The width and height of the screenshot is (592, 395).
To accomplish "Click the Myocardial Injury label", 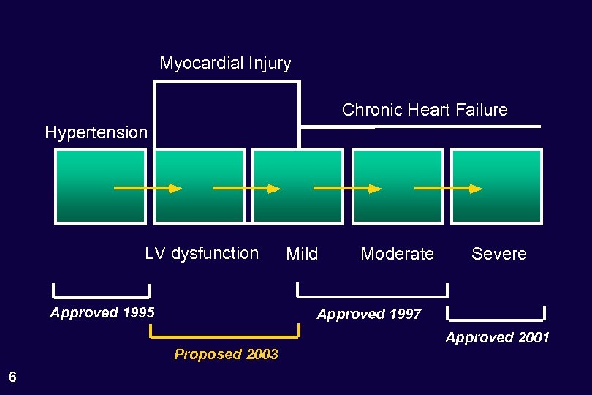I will coord(225,64).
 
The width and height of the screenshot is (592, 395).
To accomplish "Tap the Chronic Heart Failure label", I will coord(425,110).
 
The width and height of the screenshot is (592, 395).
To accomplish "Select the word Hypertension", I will coord(96,132).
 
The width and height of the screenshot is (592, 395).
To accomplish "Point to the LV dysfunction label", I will coord(202,253).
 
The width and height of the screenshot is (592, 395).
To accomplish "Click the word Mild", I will coord(302,254).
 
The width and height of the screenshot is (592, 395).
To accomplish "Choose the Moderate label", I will coord(397,254).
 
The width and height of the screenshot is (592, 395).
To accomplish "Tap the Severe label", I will coord(498,254).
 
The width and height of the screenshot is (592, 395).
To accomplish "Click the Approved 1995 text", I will coord(102,313).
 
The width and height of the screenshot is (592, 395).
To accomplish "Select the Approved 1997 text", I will coord(369,314).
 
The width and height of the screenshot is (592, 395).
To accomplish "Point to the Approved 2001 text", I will coord(498,337).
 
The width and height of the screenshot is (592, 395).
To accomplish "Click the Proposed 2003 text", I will coord(226,354).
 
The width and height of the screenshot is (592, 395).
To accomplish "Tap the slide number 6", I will coord(12,377).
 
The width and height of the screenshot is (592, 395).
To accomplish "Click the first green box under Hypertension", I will coord(100,186).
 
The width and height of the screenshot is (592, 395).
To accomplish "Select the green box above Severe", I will coord(496,186).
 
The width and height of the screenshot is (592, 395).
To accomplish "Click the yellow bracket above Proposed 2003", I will coord(224,336).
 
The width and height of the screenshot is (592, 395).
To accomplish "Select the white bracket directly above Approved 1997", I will coord(372,295).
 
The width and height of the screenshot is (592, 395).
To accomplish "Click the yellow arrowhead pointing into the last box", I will coord(476,189).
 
